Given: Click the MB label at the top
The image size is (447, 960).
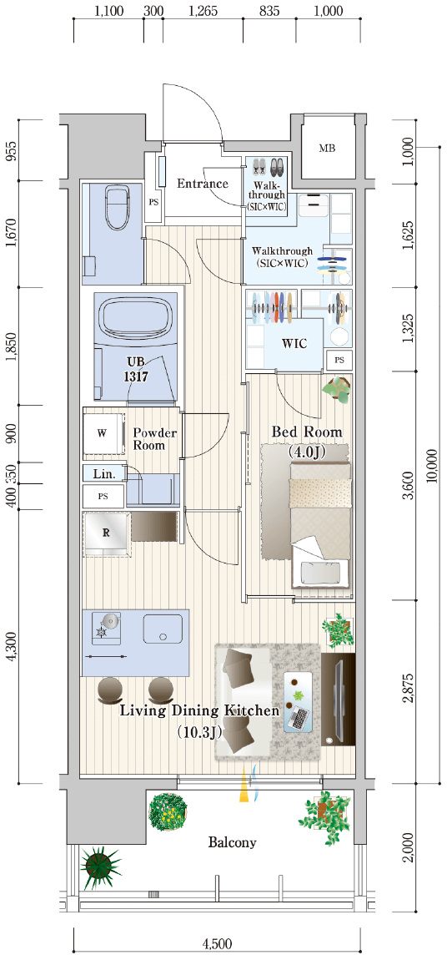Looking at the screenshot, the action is (327, 148).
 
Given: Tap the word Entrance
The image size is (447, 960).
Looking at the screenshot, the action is (203, 183).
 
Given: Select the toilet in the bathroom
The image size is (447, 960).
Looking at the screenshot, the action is (116, 206).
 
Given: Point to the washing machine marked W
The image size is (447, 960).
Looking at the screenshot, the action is (103, 434).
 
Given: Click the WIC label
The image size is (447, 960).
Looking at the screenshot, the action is (294, 343).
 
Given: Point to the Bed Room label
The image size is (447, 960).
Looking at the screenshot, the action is (307, 433).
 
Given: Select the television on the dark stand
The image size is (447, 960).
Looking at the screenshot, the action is (338, 700).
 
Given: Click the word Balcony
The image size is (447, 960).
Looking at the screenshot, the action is (233, 842).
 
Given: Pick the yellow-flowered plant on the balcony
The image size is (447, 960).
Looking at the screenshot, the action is (168, 812).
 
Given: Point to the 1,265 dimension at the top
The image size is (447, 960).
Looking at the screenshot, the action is (203, 11).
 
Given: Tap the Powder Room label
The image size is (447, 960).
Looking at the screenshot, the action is (155, 439).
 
